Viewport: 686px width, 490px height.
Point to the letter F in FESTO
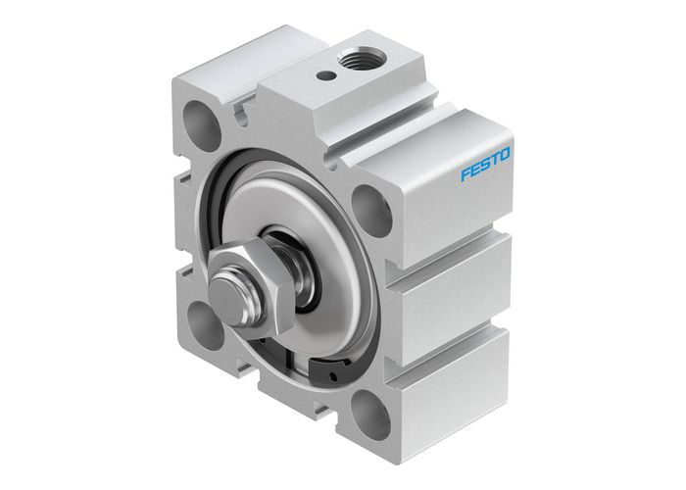pyautogui.click(x=465, y=176)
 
